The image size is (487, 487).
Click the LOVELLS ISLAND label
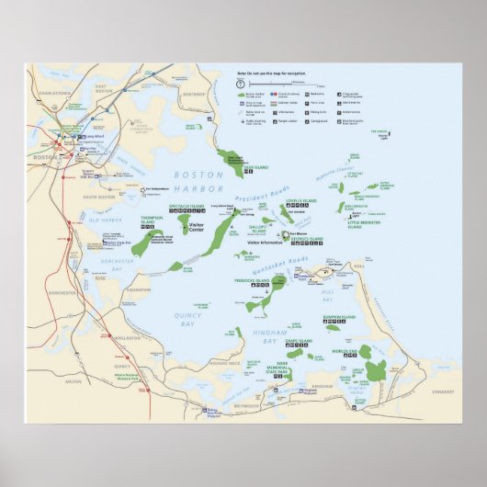302,200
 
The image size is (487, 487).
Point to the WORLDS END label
345,351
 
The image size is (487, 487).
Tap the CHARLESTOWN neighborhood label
54,93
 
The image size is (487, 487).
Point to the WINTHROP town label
195,93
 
